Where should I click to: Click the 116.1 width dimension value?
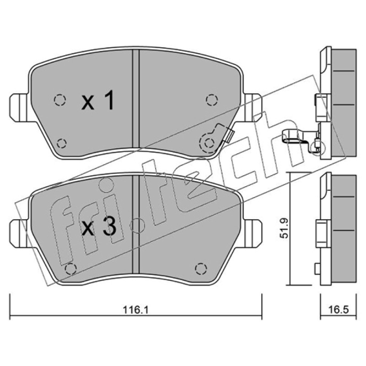point(135,310)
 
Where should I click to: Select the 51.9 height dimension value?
point(284,228)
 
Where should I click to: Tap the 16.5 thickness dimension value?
point(339,310)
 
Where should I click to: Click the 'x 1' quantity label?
point(98,100)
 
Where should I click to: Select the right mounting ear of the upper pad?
point(253,108)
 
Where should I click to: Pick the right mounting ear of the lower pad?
point(253,233)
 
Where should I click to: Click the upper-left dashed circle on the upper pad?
point(60,100)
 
